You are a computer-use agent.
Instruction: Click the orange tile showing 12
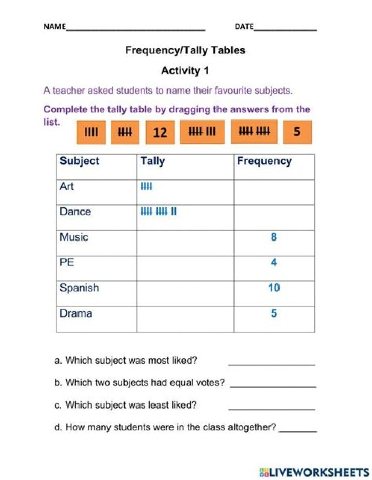[x=161, y=132]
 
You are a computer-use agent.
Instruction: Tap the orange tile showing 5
[x=297, y=132]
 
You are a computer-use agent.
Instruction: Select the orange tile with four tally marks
[x=91, y=132]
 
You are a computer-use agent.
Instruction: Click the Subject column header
[x=80, y=161]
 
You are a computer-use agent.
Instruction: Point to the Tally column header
[x=152, y=161]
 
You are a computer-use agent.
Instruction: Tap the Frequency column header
[x=264, y=161]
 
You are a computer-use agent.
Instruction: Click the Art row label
[x=67, y=186]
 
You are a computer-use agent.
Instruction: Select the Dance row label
[x=75, y=212]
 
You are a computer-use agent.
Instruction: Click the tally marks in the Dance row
[x=159, y=212]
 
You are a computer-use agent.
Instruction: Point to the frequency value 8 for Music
[x=274, y=237]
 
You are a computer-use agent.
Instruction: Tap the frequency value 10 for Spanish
[x=274, y=288]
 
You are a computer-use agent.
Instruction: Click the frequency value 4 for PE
[x=274, y=263]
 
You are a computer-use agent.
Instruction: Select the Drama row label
[x=76, y=313]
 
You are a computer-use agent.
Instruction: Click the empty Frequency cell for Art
[x=274, y=192]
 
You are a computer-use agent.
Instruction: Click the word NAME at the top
[x=55, y=27]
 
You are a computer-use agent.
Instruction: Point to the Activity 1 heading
[x=185, y=70]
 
